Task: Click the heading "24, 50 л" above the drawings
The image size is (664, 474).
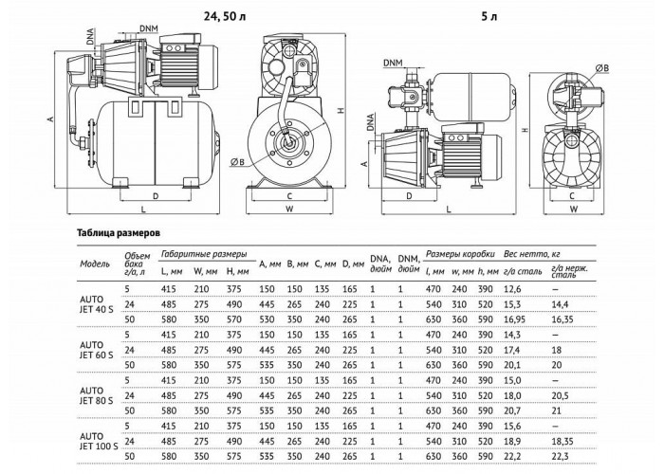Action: click(x=225, y=16)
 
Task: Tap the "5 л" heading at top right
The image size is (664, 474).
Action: click(x=489, y=16)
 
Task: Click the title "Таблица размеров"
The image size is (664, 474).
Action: click(x=119, y=233)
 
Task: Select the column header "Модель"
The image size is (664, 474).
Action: click(x=95, y=264)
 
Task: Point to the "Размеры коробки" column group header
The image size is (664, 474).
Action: click(x=460, y=254)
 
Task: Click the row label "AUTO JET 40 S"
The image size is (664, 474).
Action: click(x=97, y=304)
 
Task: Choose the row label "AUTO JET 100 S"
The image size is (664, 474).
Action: click(x=99, y=442)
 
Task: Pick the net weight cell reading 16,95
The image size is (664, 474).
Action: click(x=514, y=319)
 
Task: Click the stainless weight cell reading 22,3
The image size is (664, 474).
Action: click(x=561, y=457)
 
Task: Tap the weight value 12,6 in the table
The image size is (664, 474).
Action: click(x=512, y=289)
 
